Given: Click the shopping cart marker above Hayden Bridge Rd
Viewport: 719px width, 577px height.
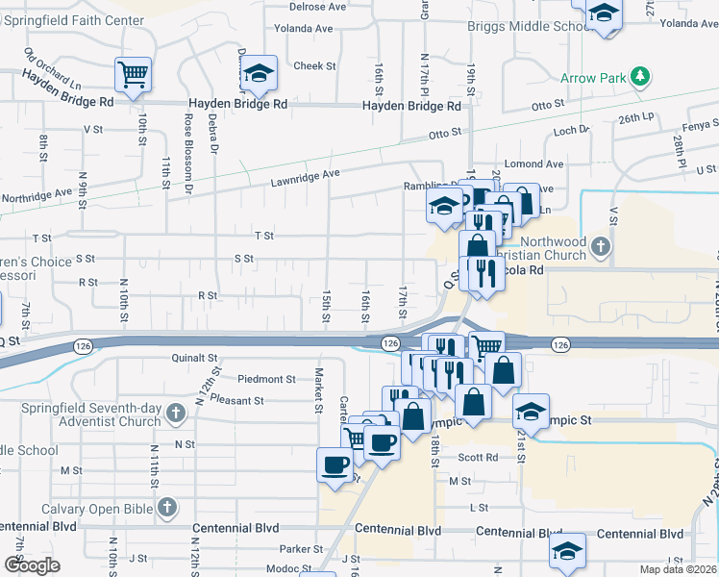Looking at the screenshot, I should [132, 74].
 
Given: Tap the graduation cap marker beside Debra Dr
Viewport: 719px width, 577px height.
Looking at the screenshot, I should [258, 73].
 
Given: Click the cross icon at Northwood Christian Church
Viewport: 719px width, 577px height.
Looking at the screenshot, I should [601, 247].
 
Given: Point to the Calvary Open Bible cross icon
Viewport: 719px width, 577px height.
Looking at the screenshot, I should [167, 508].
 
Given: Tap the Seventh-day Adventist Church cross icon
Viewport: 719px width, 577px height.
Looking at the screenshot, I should [175, 414].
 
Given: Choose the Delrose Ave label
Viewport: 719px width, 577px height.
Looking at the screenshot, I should [317, 6].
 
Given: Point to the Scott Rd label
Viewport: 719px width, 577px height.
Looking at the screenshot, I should [478, 458].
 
